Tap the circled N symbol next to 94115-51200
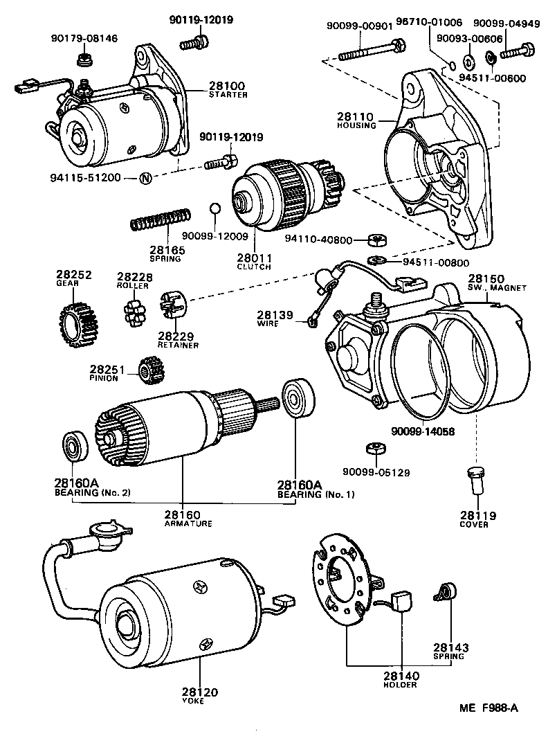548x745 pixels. [145, 178]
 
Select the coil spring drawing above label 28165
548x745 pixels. [161, 220]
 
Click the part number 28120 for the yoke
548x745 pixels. [200, 692]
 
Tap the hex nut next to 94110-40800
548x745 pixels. [376, 240]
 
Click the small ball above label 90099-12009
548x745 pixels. [214, 208]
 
